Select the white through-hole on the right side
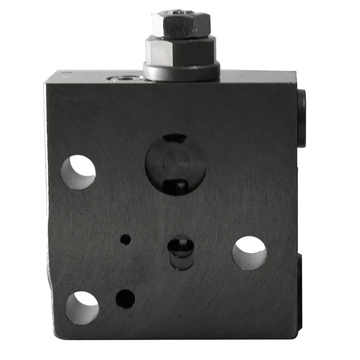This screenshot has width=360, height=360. [x=249, y=253]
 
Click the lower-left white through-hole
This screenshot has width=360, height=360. [x=82, y=308]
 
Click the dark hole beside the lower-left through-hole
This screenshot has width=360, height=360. [x=126, y=299]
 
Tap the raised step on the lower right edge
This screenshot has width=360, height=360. [x=300, y=274]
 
